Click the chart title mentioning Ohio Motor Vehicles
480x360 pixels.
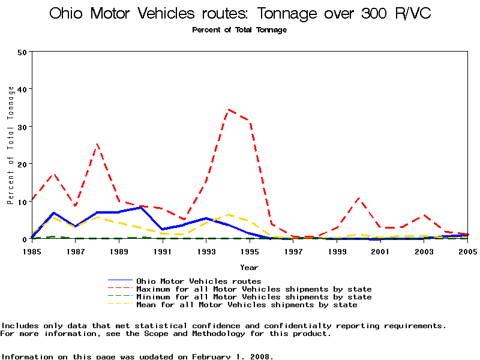239,14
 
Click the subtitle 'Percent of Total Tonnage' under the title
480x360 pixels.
239,30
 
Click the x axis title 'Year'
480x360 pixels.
249,267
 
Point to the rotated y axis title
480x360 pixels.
11,145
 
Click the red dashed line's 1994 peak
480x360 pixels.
228,110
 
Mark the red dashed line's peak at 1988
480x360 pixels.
97,144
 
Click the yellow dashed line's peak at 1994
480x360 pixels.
228,214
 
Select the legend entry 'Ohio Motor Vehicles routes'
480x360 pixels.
199,281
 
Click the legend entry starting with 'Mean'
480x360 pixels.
247,305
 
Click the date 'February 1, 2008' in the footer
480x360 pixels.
233,356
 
